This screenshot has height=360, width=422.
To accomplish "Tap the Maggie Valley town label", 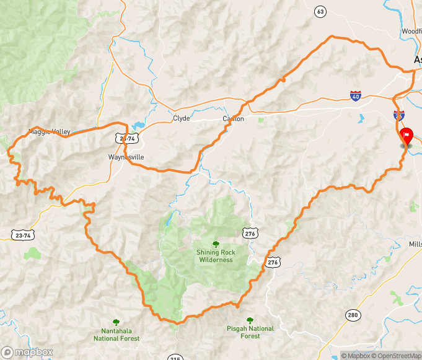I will [x=50, y=131].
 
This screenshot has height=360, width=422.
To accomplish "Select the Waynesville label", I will [x=126, y=157].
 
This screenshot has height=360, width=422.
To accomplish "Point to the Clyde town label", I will [x=182, y=118].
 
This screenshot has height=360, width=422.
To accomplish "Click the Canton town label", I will [x=234, y=118].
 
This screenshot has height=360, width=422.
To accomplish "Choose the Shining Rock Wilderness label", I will [x=216, y=256].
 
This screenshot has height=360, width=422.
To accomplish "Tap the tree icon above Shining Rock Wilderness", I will [x=216, y=244].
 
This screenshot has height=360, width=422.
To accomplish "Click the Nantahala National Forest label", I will [x=116, y=335].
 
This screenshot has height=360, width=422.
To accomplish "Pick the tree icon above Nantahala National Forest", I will [x=116, y=322].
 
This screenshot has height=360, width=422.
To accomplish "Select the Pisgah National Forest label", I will [x=250, y=332].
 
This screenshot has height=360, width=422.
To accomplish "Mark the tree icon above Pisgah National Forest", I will [x=250, y=320].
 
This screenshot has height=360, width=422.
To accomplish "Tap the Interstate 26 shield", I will [x=399, y=115].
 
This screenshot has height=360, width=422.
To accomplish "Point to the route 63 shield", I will [x=320, y=11].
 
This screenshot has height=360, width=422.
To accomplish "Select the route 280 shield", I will [x=353, y=315].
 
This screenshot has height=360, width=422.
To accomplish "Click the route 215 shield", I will [x=175, y=358].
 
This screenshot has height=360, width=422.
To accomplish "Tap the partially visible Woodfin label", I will [x=411, y=30].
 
